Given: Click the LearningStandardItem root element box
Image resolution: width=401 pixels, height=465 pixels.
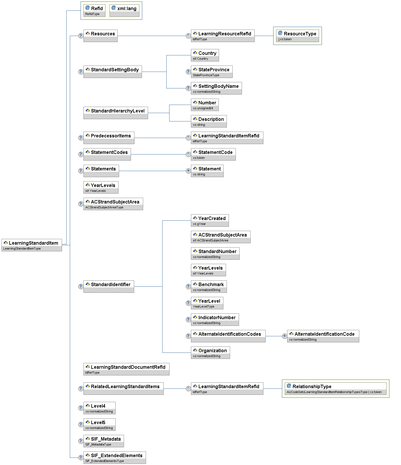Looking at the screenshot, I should (32, 245).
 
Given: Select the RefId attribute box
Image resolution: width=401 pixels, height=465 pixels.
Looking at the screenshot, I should (94, 10).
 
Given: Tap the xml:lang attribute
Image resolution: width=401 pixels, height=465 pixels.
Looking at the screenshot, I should (124, 10).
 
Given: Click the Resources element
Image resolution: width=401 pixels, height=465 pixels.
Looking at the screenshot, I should (100, 36).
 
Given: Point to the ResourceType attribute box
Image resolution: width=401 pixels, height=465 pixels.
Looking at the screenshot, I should (297, 36).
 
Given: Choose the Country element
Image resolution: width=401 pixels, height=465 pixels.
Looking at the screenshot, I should (205, 55).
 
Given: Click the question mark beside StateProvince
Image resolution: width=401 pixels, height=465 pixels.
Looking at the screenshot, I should (188, 72).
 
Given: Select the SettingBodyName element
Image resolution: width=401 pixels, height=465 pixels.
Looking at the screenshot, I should (216, 88).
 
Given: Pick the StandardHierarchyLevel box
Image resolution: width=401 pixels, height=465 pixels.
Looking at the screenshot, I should (116, 113).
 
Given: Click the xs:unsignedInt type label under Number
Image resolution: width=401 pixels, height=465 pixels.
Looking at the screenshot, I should (203, 108).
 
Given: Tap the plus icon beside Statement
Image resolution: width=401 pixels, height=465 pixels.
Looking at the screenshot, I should (188, 171).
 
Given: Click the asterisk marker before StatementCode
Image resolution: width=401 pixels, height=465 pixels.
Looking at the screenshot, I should (188, 154).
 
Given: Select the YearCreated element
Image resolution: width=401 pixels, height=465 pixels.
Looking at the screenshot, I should (210, 220).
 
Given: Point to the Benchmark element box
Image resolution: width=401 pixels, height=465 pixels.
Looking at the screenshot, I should (209, 286).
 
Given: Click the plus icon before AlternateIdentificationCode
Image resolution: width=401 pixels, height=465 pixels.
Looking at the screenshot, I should (285, 336).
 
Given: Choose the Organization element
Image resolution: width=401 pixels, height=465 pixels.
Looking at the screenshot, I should (210, 353).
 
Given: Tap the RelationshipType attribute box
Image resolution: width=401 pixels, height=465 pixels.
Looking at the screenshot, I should (336, 388).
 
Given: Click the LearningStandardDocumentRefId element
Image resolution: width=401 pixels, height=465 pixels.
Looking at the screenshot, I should (126, 369).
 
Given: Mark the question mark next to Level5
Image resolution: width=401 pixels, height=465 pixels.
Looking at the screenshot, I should (81, 424).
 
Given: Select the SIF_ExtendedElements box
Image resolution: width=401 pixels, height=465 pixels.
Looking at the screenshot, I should (114, 457).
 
